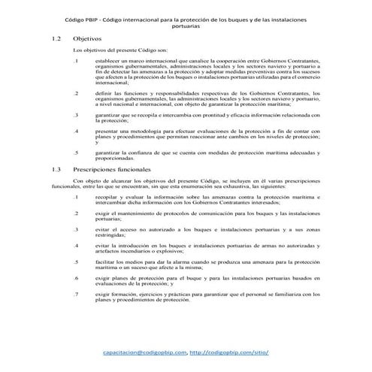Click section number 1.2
pyautogui.click(x=56, y=36)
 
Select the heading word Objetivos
pyautogui.click(x=88, y=36)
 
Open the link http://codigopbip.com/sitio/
pyautogui.click(x=229, y=352)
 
